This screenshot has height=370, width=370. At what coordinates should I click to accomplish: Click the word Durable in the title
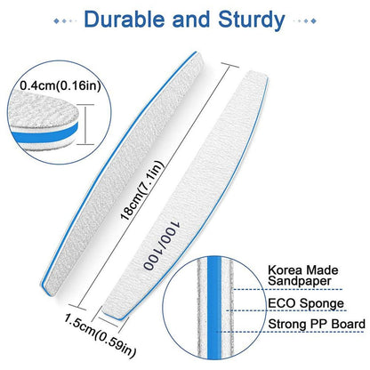click(x=125, y=20)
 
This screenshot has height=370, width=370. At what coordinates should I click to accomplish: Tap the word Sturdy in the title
click(x=252, y=20)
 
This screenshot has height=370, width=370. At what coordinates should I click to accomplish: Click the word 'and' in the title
click(x=192, y=20)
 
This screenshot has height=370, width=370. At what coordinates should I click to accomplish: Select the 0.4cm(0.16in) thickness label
click(x=60, y=85)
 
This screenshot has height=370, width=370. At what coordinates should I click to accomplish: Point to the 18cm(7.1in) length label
click(x=141, y=190)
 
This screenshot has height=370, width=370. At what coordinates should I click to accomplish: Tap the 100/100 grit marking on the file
click(x=162, y=245)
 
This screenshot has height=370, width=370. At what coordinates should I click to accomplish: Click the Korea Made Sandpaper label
click(x=303, y=276)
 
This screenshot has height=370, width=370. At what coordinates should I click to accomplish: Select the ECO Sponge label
click(x=306, y=303)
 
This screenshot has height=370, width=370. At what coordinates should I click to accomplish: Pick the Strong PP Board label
click(x=317, y=324)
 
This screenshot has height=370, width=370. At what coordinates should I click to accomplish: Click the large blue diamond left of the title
click(x=56, y=20)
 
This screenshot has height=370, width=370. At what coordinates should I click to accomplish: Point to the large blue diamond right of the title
click(x=313, y=21)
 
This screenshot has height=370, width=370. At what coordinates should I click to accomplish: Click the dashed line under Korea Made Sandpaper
click(x=286, y=289)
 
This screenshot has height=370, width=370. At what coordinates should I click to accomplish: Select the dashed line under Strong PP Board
click(x=290, y=332)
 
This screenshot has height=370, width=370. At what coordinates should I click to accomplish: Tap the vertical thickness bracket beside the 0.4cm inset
click(x=85, y=125)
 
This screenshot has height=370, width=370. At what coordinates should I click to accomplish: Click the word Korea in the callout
click(x=285, y=270)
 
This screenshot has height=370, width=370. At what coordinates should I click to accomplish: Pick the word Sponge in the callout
click(x=322, y=304)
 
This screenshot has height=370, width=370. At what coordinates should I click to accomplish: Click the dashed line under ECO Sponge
click(x=286, y=310)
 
